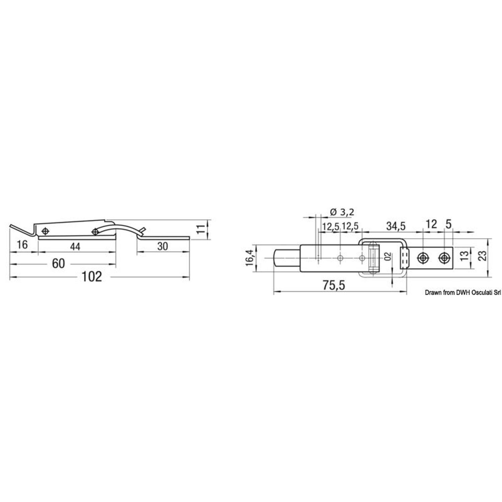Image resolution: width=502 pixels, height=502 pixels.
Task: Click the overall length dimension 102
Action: (x=92, y=277)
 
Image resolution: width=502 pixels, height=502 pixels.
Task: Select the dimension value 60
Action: (x=58, y=264)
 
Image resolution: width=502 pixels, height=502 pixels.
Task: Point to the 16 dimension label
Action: (x=22, y=245)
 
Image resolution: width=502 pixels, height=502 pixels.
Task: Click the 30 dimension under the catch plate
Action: (x=162, y=247)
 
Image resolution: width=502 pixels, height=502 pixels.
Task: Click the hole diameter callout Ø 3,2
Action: (x=342, y=212)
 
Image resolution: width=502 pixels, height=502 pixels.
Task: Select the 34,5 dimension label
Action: (x=396, y=226)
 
